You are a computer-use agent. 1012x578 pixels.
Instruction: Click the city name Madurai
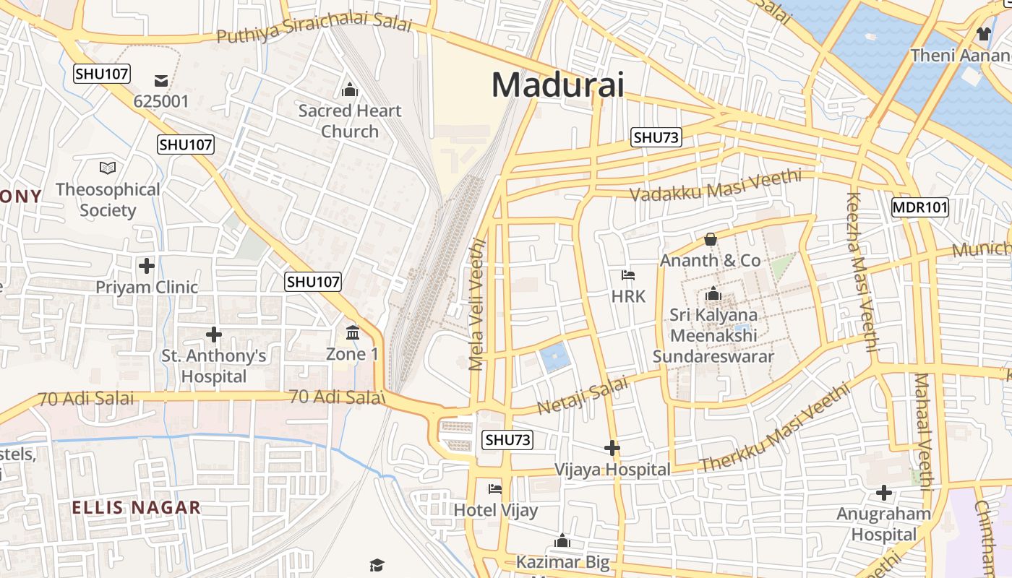[x=557, y=85]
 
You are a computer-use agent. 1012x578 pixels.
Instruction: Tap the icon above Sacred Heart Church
[x=350, y=90]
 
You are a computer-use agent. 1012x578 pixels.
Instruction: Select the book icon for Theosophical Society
[x=108, y=168]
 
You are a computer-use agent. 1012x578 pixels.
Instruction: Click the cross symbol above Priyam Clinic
[x=147, y=266]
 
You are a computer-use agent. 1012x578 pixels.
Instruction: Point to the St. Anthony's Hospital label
[x=213, y=366]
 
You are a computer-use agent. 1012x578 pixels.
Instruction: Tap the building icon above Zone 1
[x=353, y=333]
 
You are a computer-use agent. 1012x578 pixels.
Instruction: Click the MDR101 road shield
[x=919, y=207]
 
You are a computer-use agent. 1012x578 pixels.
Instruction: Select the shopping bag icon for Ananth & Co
[x=710, y=239]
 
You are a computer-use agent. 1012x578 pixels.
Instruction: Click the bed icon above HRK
[x=628, y=275]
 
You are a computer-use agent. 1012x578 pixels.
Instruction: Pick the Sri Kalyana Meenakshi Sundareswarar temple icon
[x=713, y=294]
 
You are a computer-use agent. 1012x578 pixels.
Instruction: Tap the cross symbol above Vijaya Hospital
[x=612, y=449]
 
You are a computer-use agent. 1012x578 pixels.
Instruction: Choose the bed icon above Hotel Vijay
[x=495, y=489]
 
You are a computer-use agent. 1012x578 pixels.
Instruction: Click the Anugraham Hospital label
[x=883, y=524]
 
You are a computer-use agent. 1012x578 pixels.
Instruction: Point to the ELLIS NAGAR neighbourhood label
[x=136, y=507]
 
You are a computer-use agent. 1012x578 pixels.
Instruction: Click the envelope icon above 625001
[x=160, y=80]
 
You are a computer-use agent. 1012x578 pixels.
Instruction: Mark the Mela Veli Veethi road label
[x=477, y=304]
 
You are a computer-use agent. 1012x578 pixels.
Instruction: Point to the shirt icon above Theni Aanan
[x=983, y=33]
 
